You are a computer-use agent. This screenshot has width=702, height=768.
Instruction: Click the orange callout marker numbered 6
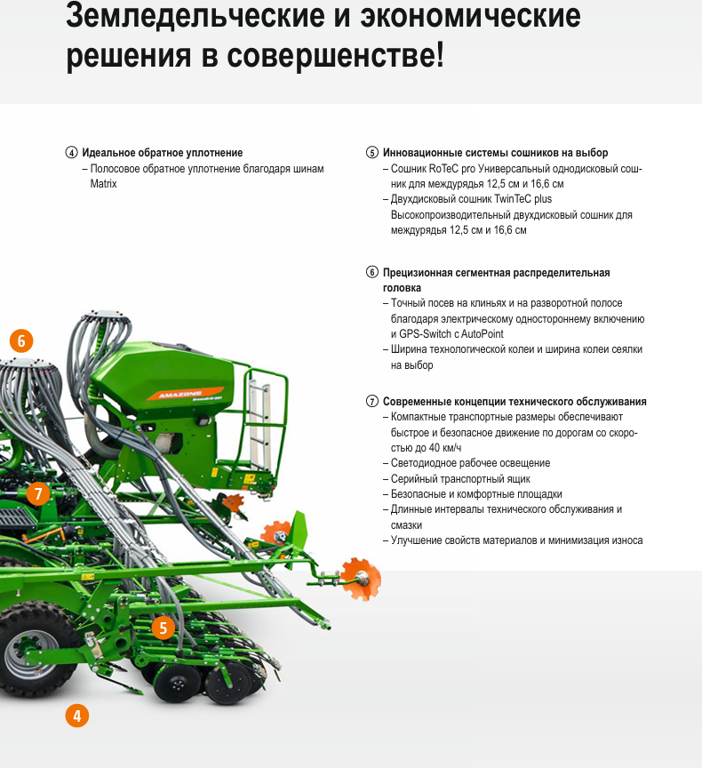(x=21, y=341)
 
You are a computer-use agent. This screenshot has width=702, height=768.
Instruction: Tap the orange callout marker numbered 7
(x=38, y=493)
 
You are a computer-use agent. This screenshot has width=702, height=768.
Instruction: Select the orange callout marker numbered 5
(x=163, y=628)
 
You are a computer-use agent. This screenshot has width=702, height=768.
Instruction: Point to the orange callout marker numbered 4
(x=76, y=716)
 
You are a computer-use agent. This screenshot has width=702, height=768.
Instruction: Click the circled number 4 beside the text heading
(x=71, y=152)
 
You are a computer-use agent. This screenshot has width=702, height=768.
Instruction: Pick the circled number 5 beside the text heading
(x=372, y=152)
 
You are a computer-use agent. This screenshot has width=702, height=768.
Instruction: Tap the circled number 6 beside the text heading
(x=372, y=272)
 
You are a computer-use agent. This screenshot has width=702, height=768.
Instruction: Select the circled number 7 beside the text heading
(x=372, y=402)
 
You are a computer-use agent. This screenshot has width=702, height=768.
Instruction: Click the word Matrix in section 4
(x=103, y=184)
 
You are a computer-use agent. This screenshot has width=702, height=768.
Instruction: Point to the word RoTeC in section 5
(x=443, y=169)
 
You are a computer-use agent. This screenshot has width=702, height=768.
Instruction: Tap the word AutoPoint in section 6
(x=483, y=334)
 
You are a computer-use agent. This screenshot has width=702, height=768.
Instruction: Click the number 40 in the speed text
(x=435, y=448)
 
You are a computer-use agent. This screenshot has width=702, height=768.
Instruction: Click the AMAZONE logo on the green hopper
(x=180, y=395)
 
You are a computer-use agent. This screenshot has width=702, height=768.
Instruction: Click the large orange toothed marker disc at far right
(x=361, y=579)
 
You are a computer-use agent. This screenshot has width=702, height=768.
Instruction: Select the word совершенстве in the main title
(x=335, y=55)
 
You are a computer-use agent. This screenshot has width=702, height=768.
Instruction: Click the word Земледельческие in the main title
(x=195, y=16)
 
